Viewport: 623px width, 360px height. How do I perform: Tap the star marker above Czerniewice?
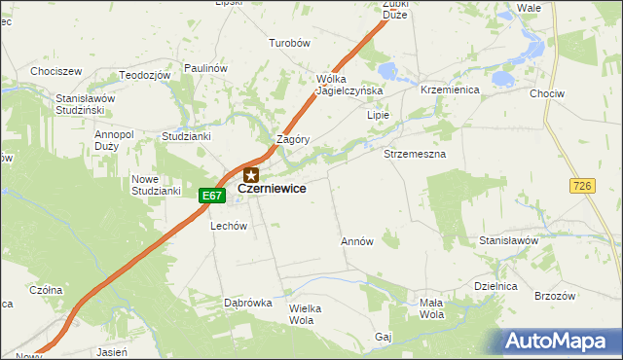251,175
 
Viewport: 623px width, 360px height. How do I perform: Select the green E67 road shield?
212,197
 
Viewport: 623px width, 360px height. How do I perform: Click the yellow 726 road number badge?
583,186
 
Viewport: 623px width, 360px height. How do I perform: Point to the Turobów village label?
289,44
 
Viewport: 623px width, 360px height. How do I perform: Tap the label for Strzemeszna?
415,155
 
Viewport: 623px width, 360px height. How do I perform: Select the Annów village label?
357,240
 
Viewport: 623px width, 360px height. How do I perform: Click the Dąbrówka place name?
247,303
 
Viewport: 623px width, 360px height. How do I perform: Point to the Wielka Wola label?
305,313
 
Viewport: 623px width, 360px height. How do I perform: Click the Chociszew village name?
55,71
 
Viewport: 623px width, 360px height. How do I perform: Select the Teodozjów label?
144,75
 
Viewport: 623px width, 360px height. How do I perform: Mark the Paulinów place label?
204,68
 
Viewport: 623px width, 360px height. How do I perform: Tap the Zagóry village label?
293,139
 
